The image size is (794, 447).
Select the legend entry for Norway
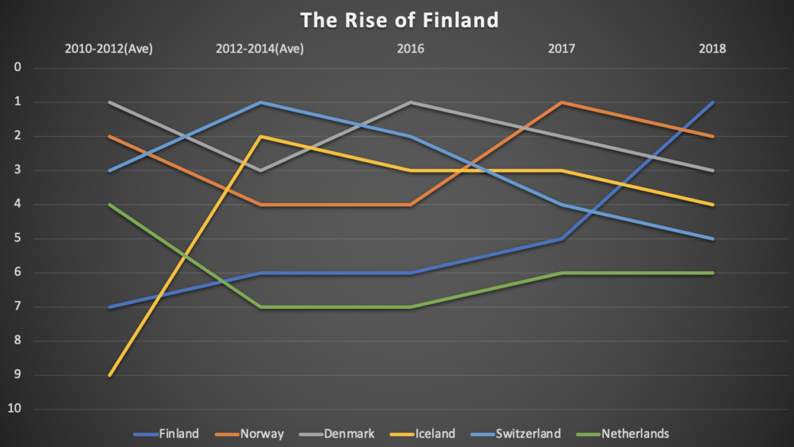coord(262,434)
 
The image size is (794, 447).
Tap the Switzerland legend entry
coord(529,434)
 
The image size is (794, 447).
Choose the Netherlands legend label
coord(635,434)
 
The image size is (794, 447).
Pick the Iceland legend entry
coord(435,434)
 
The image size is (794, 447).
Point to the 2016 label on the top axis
coord(411,49)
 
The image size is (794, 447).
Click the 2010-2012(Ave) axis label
coord(109,49)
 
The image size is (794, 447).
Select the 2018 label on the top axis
coord(713,49)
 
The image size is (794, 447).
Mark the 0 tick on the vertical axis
coord(18,68)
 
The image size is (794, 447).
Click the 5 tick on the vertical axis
coord(18,239)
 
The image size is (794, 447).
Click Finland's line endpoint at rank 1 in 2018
coord(713,102)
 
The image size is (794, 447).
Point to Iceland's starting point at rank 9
coord(109,375)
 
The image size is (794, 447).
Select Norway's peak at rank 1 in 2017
coord(562,102)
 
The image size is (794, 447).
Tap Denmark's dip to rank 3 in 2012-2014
coord(260,170)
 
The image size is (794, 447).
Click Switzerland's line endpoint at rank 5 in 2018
coord(713,239)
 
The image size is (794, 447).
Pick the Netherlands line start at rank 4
coord(109,204)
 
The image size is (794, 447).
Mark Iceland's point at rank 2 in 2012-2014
coord(260,137)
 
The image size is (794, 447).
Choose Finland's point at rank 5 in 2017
coord(562,239)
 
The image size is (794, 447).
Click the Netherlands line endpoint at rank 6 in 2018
coord(713,272)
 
